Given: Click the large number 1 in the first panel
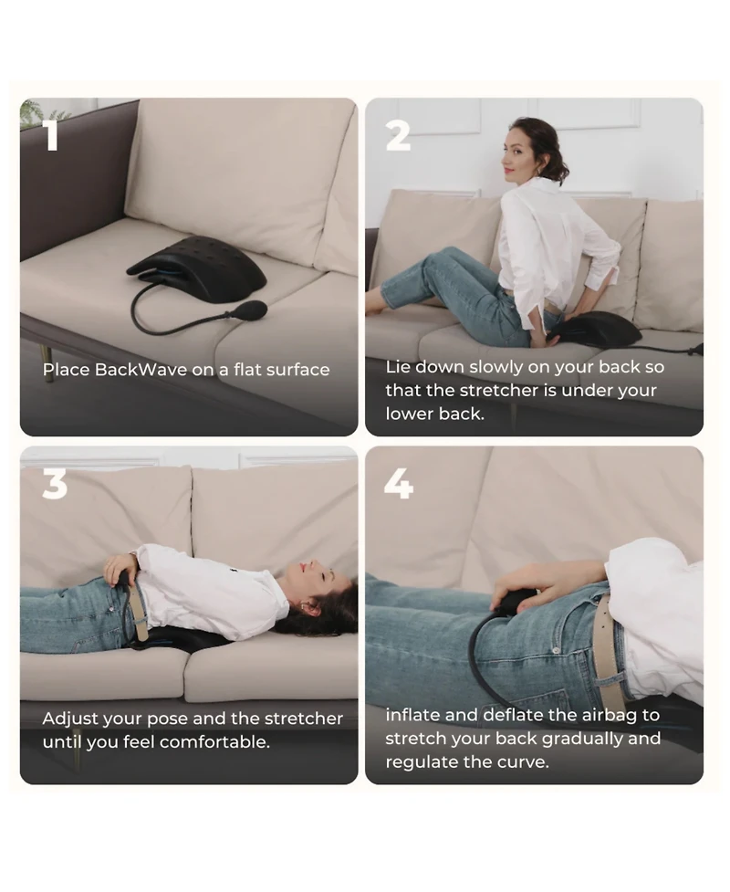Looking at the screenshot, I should coord(51,134).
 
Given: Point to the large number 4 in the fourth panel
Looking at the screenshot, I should coord(398,483).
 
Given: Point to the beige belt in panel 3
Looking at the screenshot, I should coord(138,611).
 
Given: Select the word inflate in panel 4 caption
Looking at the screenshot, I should coord(412,715).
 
